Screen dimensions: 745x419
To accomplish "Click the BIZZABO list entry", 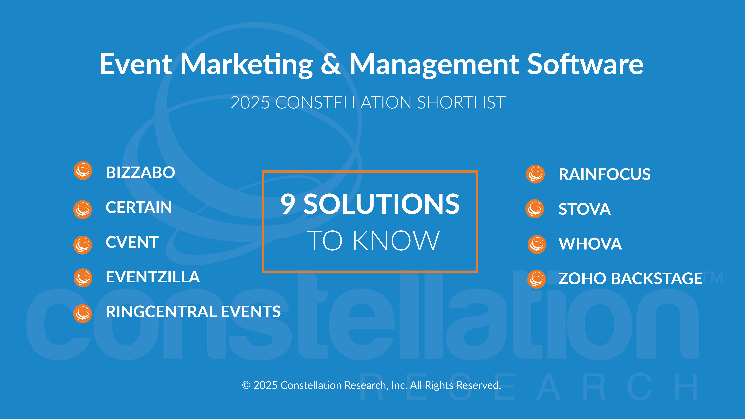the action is (x=140, y=173).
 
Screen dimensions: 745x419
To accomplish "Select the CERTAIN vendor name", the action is (x=139, y=207).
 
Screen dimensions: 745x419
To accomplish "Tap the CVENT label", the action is (x=132, y=242).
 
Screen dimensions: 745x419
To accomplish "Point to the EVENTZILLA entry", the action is (x=153, y=277).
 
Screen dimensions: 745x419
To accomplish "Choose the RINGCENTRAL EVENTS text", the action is (x=193, y=312).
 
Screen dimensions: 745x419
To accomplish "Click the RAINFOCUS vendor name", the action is (x=604, y=174).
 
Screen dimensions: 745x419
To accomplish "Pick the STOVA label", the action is (x=585, y=209).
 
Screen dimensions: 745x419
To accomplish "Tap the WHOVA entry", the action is (x=590, y=244).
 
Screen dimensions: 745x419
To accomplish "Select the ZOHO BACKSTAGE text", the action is (x=630, y=279).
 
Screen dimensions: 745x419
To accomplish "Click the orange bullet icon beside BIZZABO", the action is (x=83, y=171).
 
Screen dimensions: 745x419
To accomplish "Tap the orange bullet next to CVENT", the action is (x=83, y=245).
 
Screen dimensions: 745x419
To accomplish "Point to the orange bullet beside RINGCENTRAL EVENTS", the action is (x=83, y=313).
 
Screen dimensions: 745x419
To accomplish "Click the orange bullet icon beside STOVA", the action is (x=535, y=209).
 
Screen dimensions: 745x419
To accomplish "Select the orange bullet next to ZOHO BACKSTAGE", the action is (x=537, y=279).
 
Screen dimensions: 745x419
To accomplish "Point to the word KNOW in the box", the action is (x=396, y=241).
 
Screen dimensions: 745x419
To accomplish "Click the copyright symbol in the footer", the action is (x=246, y=385).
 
